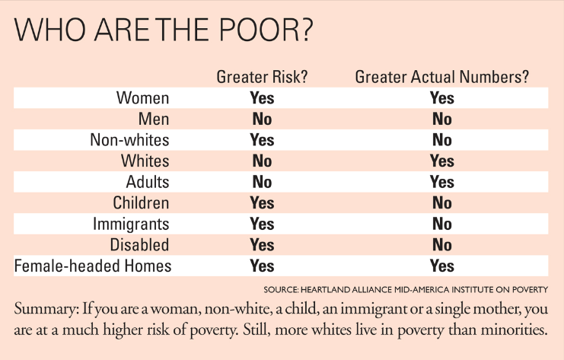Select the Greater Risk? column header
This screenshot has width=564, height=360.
tap(262, 77)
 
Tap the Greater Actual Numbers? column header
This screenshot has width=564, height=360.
tap(441, 77)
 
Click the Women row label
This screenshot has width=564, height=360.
tap(142, 98)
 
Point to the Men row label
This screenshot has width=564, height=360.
tap(154, 119)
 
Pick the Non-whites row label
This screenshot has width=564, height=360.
tap(129, 140)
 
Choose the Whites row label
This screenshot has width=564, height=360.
tap(145, 161)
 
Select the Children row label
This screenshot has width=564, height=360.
tap(141, 203)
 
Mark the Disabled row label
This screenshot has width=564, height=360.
tap(139, 245)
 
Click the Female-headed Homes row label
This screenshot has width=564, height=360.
tap(93, 266)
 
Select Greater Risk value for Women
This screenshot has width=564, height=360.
tap(262, 98)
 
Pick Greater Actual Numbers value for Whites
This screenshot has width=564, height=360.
tap(441, 161)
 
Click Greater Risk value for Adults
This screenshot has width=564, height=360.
tap(262, 183)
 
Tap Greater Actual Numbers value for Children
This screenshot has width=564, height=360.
tap(441, 203)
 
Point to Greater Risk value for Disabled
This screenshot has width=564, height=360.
tap(262, 245)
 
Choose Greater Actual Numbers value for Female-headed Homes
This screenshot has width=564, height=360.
tap(441, 266)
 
